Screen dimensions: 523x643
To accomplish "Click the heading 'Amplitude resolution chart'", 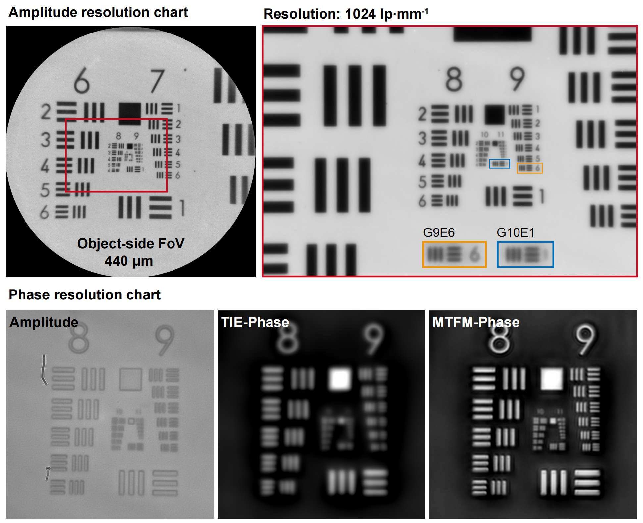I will click(x=98, y=13).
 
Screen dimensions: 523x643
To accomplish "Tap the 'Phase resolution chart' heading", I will click(x=84, y=295).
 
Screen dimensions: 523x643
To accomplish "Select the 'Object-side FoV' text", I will click(x=131, y=244).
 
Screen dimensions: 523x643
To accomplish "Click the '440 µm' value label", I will click(x=129, y=261).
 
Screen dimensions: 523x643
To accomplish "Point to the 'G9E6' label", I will click(x=439, y=233).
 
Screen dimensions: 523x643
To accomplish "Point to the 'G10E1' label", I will click(x=515, y=233).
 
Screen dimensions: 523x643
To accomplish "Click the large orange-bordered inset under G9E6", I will click(x=454, y=255).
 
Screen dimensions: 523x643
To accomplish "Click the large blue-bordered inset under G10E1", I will click(x=525, y=255).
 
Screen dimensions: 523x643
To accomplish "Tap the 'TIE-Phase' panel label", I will click(x=255, y=322).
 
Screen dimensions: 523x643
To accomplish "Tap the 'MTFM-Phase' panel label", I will click(x=476, y=322).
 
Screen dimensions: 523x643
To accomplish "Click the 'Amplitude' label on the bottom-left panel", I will click(x=44, y=322).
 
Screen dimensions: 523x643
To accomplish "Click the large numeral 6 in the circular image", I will click(x=81, y=80).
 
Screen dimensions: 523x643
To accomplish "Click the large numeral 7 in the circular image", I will click(x=157, y=81).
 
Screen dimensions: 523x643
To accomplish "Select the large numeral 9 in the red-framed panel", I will click(x=517, y=79).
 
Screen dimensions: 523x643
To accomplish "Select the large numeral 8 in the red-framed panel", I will click(x=454, y=79).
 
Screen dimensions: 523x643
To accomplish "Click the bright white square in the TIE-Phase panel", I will click(x=339, y=379).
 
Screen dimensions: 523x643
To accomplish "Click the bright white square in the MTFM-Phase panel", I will click(x=552, y=379).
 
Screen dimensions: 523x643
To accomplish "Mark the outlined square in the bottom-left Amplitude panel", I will click(x=130, y=379).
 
